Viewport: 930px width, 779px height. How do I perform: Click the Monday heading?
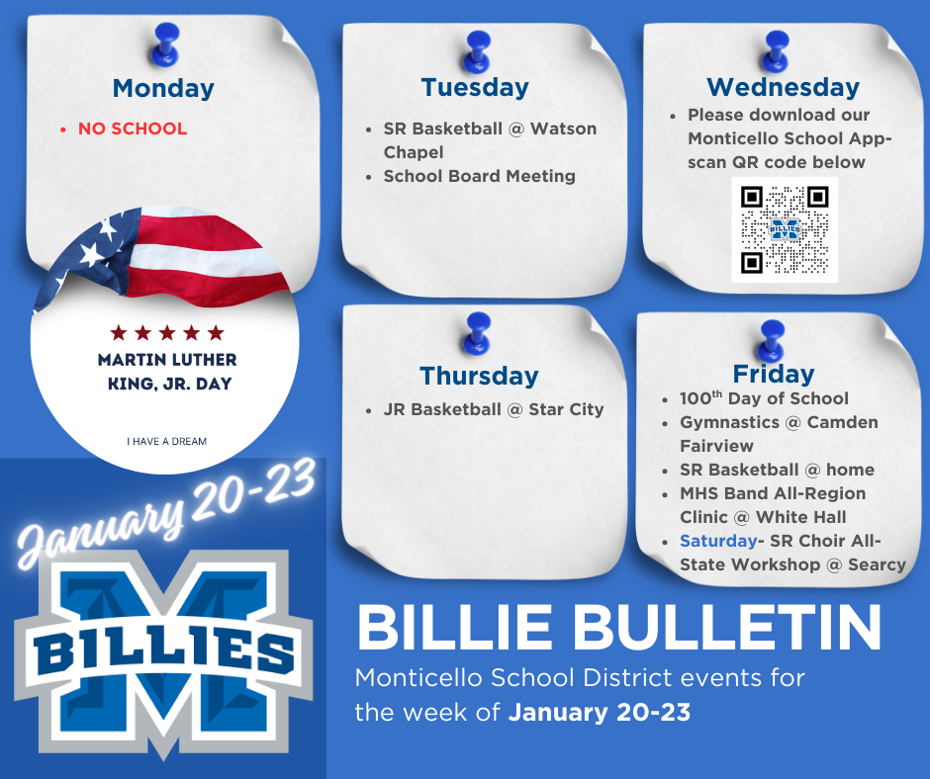point(163,88)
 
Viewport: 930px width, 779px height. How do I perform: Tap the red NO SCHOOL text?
point(133,129)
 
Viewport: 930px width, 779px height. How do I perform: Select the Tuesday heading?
point(475,87)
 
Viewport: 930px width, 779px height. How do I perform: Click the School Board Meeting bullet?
point(480,176)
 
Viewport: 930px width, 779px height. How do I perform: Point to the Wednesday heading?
point(783,87)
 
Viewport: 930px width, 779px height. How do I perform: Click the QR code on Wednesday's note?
point(785,229)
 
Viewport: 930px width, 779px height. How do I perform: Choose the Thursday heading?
point(479,376)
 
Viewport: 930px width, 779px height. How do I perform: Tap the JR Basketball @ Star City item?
point(493,409)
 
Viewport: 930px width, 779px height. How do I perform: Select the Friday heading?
point(774,374)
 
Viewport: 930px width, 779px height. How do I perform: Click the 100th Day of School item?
point(764,398)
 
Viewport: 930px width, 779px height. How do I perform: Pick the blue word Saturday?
point(717,541)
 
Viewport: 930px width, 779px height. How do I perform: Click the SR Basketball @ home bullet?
point(777,470)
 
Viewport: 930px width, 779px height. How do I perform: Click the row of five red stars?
point(167,333)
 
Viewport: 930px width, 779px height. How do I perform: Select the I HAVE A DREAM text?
point(166,441)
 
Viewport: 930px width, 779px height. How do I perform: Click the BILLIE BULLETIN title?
point(618,627)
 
